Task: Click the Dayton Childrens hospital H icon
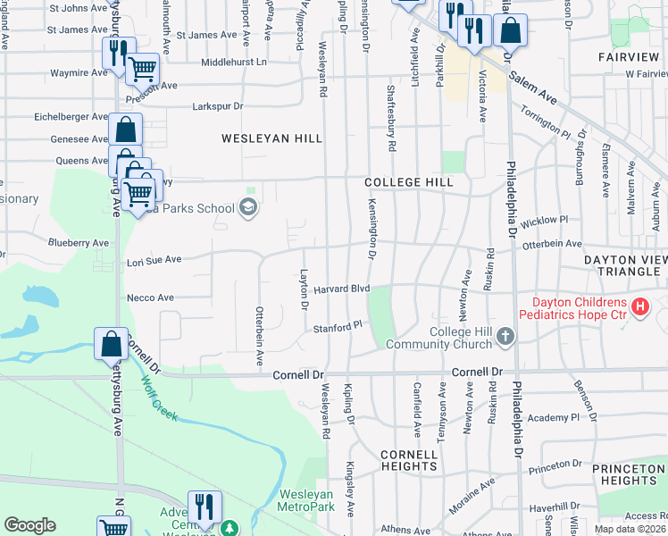pos(640,307)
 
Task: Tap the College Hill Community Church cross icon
pos(505,337)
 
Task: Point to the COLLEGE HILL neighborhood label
pos(405,182)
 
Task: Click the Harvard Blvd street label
pos(341,289)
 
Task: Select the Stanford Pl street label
pos(335,328)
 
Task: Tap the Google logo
pos(29,525)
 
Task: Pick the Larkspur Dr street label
pos(218,106)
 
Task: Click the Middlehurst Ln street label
pos(234,63)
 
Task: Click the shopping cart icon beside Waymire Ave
pos(142,68)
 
